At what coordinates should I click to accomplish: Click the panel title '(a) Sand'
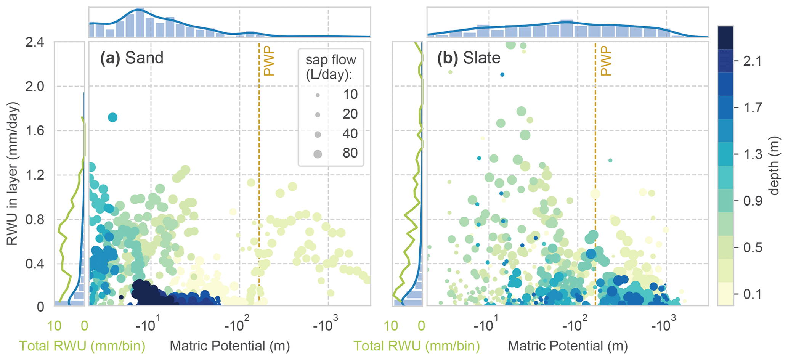pos(132,58)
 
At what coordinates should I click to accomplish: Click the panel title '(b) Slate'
pos(469,58)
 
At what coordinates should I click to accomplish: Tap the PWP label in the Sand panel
pos(269,61)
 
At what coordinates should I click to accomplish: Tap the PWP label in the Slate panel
pos(606,61)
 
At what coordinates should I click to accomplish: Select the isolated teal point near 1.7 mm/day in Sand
pos(112,117)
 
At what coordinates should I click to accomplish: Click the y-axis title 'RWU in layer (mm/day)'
pos(13,174)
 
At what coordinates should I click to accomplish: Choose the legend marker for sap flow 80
pos(318,154)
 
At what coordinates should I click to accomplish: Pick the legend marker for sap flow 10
pos(318,95)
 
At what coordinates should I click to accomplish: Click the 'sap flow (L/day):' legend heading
pos(331,67)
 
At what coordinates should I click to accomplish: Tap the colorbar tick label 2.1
pos(752,61)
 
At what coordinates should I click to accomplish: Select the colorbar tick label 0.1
pos(752,294)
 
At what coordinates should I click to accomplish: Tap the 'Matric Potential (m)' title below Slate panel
pos(568,346)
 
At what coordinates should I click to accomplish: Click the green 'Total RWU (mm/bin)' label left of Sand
pos(82,346)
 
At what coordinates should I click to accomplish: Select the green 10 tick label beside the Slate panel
pos(391,326)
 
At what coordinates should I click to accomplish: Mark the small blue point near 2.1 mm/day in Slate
pos(502,75)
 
